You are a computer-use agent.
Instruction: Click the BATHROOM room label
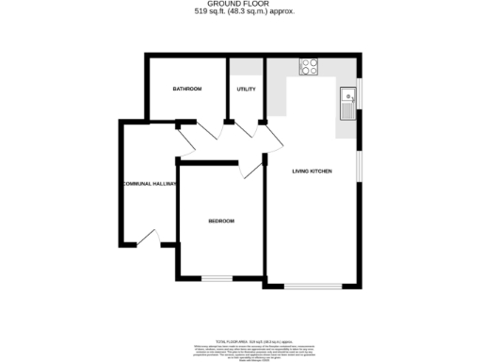(x=186, y=89)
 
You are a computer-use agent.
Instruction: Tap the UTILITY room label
(x=247, y=89)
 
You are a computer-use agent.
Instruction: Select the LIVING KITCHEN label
(x=312, y=171)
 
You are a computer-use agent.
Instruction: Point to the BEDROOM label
(x=221, y=221)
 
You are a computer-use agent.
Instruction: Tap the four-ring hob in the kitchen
(x=309, y=66)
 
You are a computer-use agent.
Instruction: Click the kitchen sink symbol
(x=346, y=101)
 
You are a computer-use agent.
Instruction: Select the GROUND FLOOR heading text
(x=241, y=5)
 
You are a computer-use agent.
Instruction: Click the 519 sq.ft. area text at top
(x=241, y=13)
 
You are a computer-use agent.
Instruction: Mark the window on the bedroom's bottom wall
(x=217, y=278)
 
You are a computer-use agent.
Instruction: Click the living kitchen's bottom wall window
(x=313, y=285)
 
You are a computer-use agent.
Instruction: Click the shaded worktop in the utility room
(x=247, y=68)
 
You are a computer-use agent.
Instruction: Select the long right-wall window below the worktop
(x=359, y=159)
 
